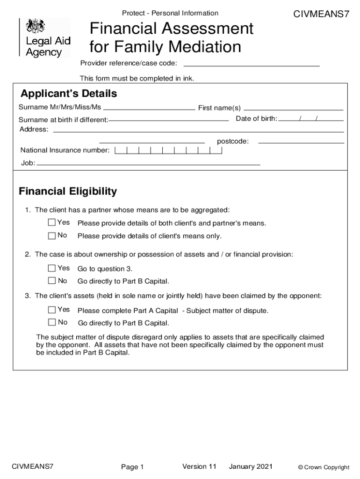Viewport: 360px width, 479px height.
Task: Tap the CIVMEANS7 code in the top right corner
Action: point(321,14)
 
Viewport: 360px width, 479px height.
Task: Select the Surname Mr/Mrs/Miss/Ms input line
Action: point(149,108)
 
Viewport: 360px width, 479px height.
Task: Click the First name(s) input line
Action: point(294,109)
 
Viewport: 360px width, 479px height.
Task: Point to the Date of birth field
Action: point(311,120)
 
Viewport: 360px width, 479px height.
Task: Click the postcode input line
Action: point(301,142)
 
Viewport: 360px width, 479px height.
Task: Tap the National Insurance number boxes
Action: point(168,151)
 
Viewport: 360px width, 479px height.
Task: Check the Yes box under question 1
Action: point(52,223)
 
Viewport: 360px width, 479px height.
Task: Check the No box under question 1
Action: point(52,236)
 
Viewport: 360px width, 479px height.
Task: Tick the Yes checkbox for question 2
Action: point(52,269)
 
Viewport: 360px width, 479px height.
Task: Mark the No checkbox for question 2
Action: point(52,281)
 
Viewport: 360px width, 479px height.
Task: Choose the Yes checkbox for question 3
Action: point(52,310)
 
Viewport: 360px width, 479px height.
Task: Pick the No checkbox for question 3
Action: point(52,322)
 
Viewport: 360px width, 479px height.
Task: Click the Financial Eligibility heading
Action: point(68,191)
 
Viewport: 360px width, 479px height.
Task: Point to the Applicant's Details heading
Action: point(68,94)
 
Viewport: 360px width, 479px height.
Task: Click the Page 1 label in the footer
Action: point(132,467)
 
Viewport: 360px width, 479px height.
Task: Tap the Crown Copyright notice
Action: point(324,467)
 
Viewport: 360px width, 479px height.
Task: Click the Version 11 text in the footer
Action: point(199,466)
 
